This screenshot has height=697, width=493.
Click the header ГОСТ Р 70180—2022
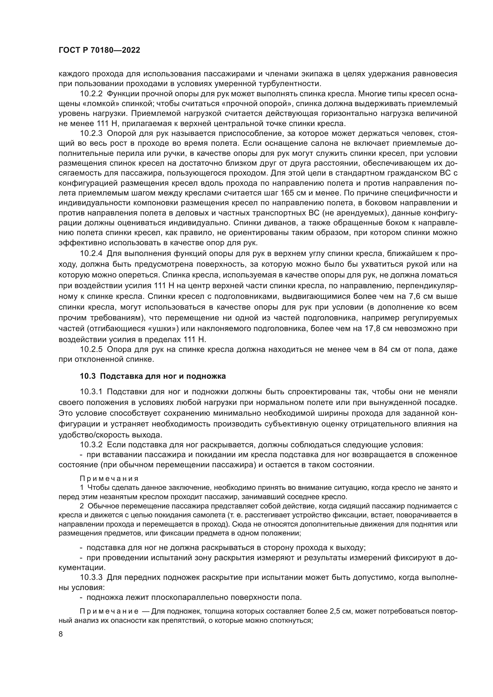tap(99, 50)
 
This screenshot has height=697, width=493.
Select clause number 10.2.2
tap(92, 94)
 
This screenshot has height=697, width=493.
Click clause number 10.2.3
tap(92, 133)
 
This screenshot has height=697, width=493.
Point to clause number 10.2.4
tap(92, 254)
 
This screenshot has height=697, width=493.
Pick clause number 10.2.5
tap(92, 349)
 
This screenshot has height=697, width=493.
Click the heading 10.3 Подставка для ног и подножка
tap(153, 376)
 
